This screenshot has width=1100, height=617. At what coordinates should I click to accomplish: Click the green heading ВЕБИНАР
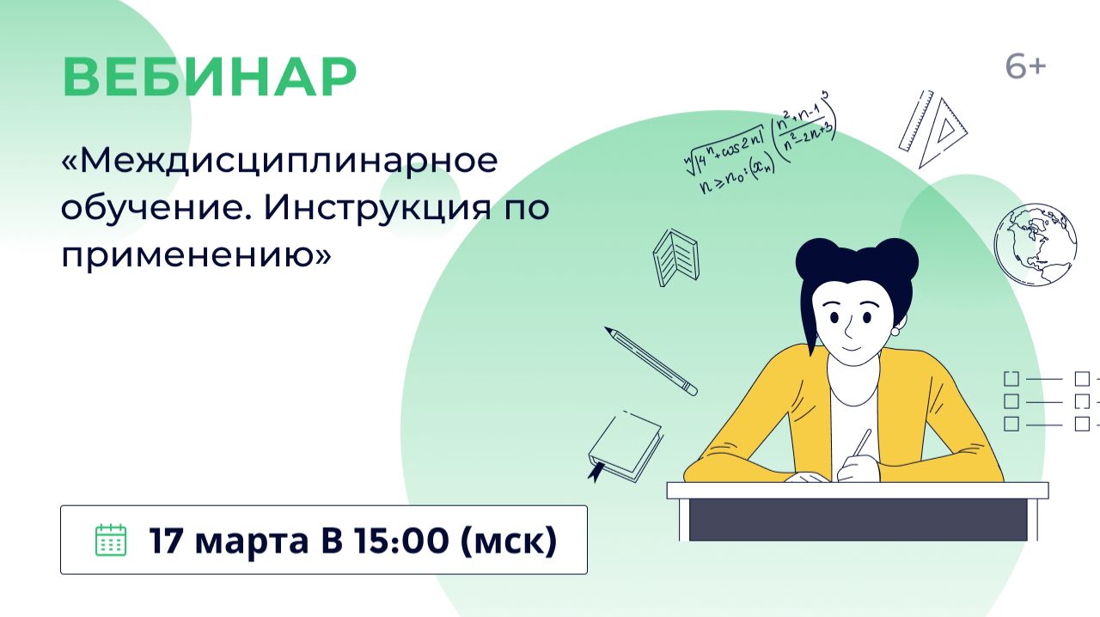pos(209,77)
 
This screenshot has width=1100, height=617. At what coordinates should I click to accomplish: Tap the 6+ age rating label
pos(1025,66)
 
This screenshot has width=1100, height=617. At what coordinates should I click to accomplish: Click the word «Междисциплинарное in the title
pos(280,162)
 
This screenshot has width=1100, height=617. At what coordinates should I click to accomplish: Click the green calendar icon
pos(110,540)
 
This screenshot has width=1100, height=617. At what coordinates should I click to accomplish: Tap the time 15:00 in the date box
pos(396,540)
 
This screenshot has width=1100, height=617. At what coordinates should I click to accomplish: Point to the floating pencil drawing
pos(651,361)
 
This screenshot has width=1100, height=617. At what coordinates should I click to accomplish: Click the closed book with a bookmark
pos(624,446)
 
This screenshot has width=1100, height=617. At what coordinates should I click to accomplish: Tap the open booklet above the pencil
pos(675,256)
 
